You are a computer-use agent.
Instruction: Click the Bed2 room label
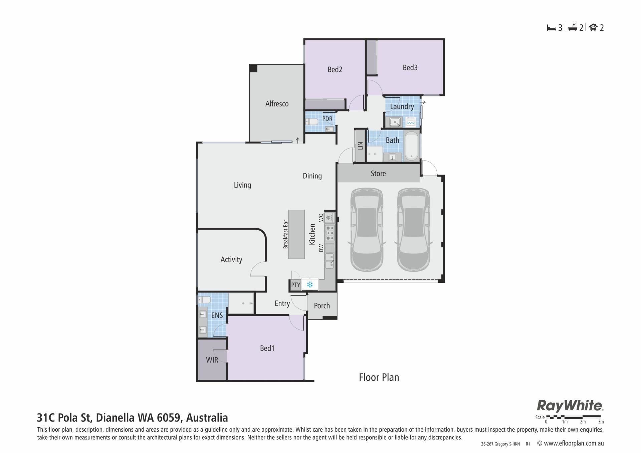point(335,69)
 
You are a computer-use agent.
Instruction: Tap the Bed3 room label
point(410,67)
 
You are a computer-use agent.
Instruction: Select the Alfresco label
point(277,104)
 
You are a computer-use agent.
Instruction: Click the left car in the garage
point(367,230)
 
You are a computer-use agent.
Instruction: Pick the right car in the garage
point(413,230)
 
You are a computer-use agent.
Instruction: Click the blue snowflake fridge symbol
point(310,285)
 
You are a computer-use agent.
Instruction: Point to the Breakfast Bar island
point(296,234)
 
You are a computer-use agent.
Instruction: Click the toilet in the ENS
point(204,299)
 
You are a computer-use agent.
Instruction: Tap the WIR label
point(212,360)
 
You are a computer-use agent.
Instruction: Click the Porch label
point(322,306)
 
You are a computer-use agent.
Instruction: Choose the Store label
point(378,174)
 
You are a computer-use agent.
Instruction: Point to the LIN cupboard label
point(360,146)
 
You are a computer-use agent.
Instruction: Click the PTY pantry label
point(295,285)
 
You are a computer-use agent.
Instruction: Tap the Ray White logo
point(570,406)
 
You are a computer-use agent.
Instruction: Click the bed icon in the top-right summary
point(552,28)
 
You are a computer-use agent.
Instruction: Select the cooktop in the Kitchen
point(330,233)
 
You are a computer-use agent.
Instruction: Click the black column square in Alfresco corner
point(254,68)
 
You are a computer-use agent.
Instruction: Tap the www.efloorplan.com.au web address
point(574,444)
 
